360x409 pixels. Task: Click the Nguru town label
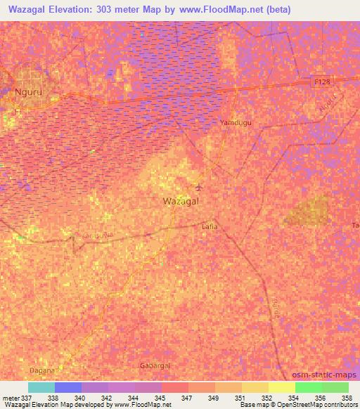tap(19, 91)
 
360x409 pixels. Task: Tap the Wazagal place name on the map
tap(180, 201)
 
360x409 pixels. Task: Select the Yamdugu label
tap(236, 122)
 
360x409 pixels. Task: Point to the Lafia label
tap(210, 226)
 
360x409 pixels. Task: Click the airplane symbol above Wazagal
tap(199, 187)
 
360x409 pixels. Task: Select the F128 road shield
tap(320, 82)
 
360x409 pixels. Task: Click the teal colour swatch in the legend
tap(41, 387)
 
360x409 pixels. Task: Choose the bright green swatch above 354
tap(309, 387)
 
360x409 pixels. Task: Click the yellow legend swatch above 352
tap(255, 387)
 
